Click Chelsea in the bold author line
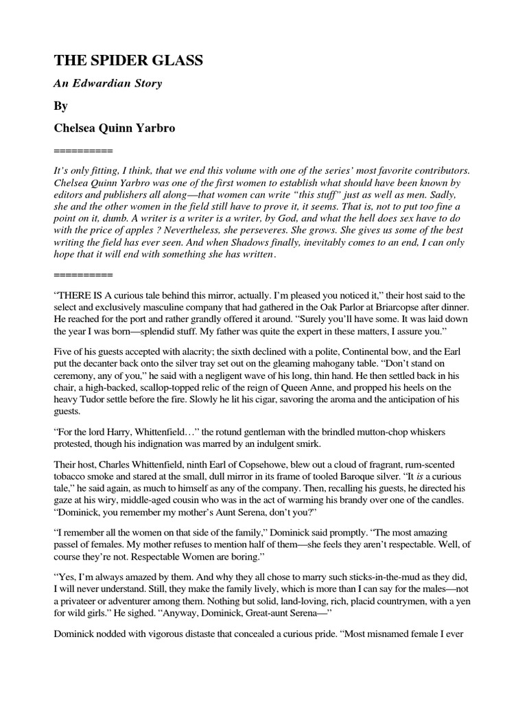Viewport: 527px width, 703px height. coord(76,128)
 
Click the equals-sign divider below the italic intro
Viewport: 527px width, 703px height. coord(82,275)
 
